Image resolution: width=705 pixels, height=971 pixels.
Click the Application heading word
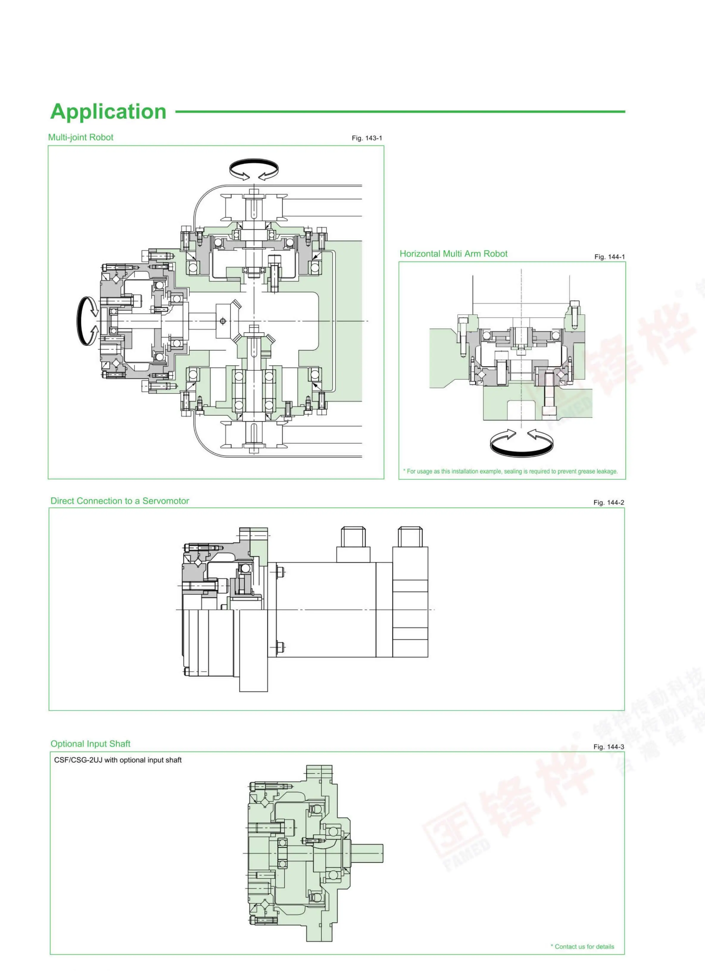[x=108, y=111]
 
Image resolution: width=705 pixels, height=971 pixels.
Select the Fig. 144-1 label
[x=609, y=257]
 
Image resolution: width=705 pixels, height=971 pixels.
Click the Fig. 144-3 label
[x=608, y=746]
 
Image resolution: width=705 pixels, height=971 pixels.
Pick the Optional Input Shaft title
[x=91, y=743]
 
